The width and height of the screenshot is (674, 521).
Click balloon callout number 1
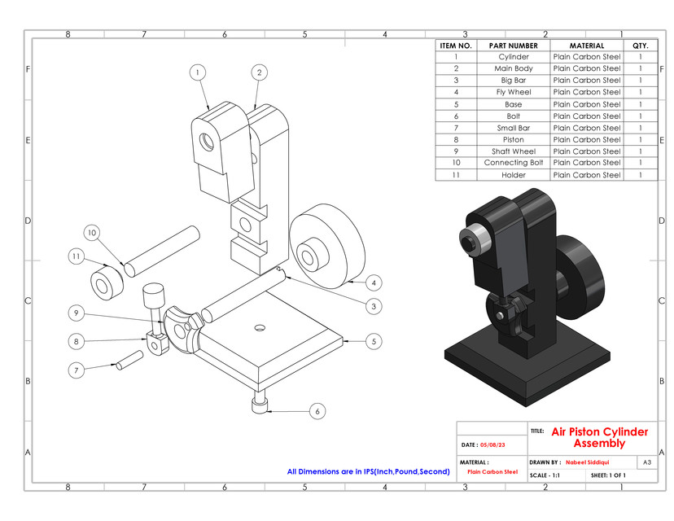click(197, 72)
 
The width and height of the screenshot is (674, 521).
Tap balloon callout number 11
click(77, 257)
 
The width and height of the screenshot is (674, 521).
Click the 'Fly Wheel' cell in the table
click(513, 93)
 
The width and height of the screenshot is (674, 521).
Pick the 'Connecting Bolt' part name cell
click(513, 163)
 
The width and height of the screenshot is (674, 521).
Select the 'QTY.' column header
click(640, 46)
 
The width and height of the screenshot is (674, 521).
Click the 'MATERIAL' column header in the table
click(586, 46)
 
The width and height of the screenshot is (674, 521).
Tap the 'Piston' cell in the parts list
click(513, 139)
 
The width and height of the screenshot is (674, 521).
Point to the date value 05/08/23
click(493, 445)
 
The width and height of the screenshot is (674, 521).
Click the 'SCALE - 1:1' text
click(545, 475)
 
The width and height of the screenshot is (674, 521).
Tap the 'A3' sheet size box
click(647, 462)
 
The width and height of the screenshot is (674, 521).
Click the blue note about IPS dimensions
click(368, 471)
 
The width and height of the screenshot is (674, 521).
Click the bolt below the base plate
click(260, 405)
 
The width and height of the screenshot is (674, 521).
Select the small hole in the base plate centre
click(260, 327)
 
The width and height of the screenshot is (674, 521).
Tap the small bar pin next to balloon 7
click(130, 359)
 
